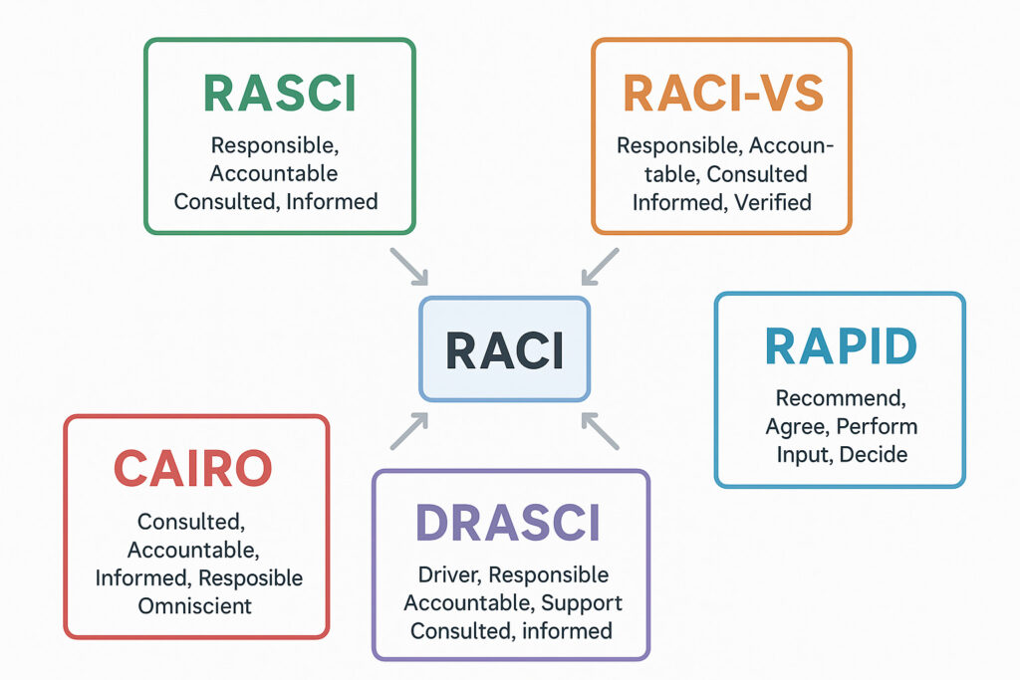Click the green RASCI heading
pos(280,94)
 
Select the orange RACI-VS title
pos(723,94)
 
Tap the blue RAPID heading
pos(841,346)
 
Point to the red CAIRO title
pos(192,468)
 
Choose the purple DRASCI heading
pos(508,523)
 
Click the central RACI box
pos(505,349)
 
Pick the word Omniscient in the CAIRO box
pos(194,606)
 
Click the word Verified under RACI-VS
pos(773,202)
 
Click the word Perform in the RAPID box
pos(877,426)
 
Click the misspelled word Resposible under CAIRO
pos(250,577)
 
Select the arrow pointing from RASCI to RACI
pos(409,267)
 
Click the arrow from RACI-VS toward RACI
pos(600,267)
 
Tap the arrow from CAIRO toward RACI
pos(409,431)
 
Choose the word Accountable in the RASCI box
pos(274,173)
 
